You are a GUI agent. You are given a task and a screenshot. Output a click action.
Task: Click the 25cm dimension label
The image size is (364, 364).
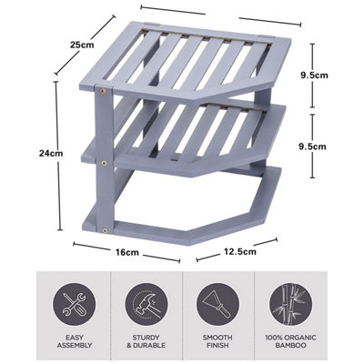click(x=83, y=44)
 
